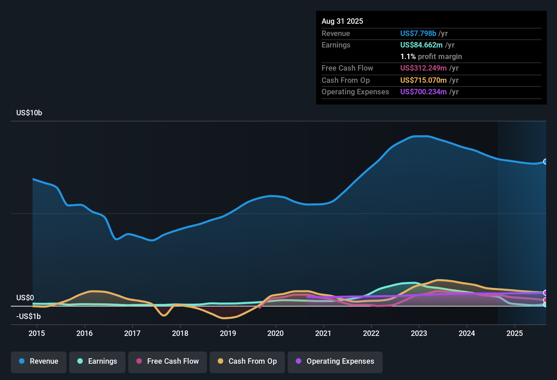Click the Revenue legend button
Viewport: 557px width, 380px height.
coord(39,361)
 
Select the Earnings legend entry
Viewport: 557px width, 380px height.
coord(97,361)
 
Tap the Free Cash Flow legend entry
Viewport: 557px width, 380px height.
coord(168,361)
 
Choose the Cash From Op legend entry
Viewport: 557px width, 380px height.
coord(247,361)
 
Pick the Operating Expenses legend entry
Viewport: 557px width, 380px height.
coord(335,361)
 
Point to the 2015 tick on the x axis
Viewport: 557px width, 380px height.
coord(37,333)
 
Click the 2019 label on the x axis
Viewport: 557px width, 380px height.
coord(228,333)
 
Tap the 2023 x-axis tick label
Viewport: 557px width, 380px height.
coord(419,333)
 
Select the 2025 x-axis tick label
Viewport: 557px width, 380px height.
coord(515,333)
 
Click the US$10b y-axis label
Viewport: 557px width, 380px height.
coord(29,113)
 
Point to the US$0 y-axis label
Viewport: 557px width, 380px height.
coord(25,298)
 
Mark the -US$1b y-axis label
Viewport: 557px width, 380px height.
coord(28,316)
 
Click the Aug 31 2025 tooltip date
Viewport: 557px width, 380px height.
coord(342,21)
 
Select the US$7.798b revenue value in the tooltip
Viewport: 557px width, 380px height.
coord(418,33)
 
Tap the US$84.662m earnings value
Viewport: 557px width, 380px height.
coord(421,45)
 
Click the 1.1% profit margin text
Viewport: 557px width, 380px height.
coord(431,57)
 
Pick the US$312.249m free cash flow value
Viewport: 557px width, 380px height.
coord(423,68)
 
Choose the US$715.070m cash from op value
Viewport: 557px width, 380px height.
coord(423,80)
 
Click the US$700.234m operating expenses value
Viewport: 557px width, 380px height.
coord(423,92)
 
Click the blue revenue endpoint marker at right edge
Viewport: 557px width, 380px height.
coord(545,161)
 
